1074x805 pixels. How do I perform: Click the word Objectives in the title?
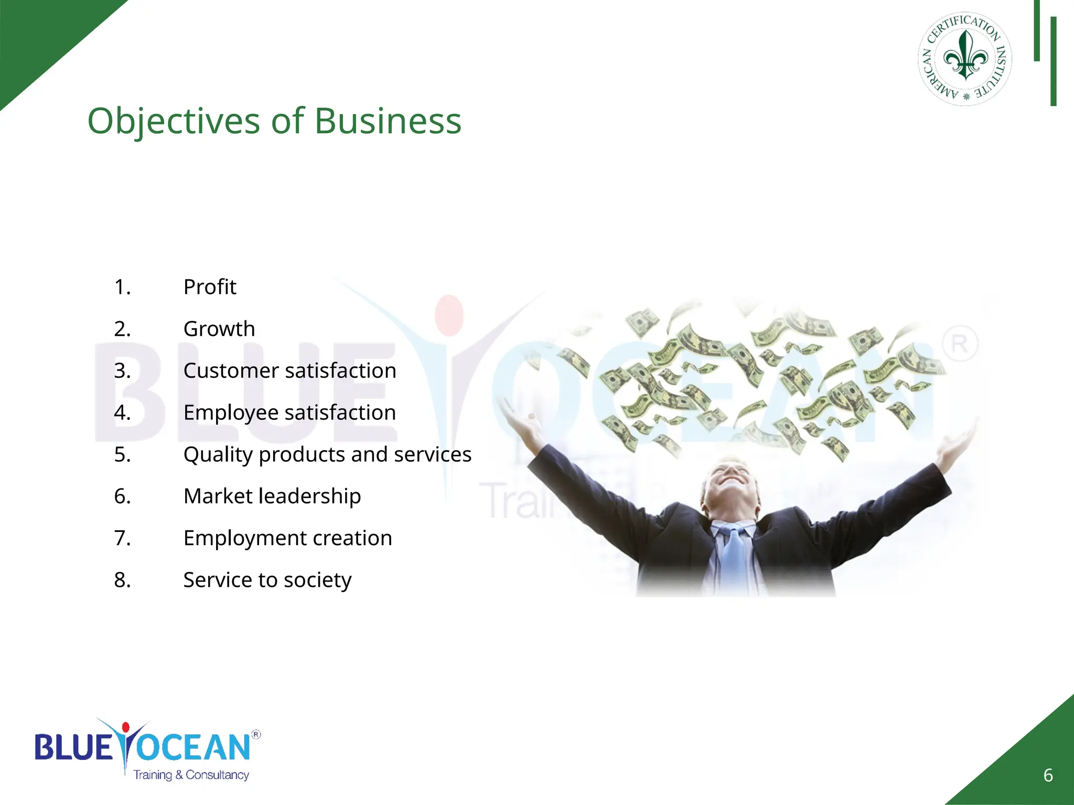click(x=174, y=121)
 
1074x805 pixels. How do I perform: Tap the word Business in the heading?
click(x=388, y=121)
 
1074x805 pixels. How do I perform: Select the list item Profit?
click(x=210, y=287)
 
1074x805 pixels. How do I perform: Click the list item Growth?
click(x=219, y=329)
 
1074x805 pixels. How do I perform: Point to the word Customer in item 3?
click(x=231, y=371)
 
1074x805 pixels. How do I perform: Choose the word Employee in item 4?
click(x=231, y=413)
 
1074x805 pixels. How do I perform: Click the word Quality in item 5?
click(x=218, y=455)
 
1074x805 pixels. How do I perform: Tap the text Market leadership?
click(x=272, y=496)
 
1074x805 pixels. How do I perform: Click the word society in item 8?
click(x=318, y=580)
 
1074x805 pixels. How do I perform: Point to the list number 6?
click(x=122, y=496)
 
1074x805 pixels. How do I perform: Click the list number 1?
click(x=122, y=287)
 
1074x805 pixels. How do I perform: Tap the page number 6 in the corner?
click(x=1048, y=775)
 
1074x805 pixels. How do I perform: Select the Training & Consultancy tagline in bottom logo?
click(x=191, y=775)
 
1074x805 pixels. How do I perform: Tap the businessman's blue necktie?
click(x=734, y=556)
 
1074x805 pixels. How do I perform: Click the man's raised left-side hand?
click(x=517, y=417)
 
